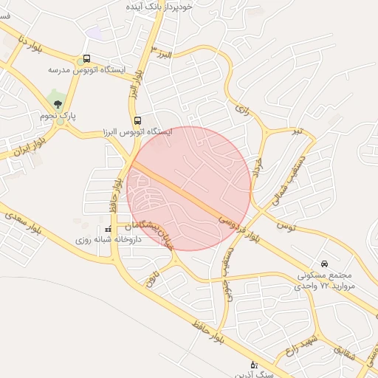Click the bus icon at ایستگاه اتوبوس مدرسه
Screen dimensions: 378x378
coord(87,58)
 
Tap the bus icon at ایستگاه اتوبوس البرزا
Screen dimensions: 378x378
coord(137,120)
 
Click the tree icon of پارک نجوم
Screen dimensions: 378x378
coord(58,104)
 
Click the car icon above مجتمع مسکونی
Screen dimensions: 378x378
coord(324,264)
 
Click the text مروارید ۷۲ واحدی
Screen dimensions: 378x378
coord(327,285)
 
